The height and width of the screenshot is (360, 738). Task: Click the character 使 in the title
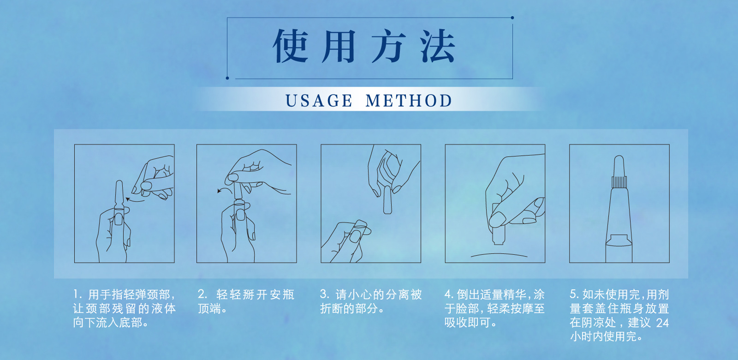291,46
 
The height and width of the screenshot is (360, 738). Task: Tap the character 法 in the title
438,46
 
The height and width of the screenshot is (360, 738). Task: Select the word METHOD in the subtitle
409,101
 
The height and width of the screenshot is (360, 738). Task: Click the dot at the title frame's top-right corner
512,18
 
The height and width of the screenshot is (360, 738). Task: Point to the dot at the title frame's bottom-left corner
227,78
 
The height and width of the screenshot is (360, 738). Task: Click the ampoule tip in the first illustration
119,184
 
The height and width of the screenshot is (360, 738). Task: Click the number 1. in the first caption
77,294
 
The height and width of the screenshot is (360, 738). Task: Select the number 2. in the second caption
202,294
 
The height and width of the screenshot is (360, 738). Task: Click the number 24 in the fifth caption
662,323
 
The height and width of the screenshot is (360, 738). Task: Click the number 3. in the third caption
324,294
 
